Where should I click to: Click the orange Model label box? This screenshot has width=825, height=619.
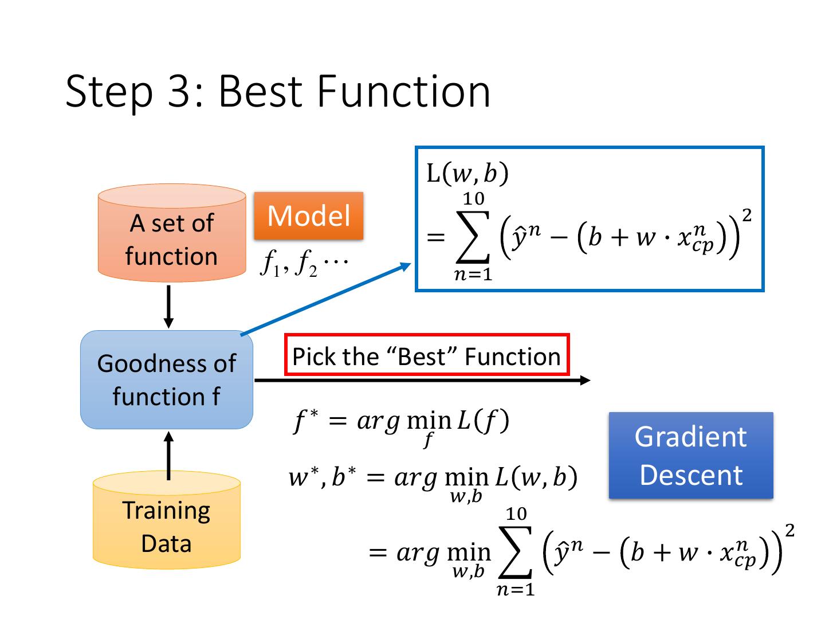(x=308, y=216)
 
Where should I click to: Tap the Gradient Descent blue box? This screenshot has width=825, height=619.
(x=690, y=455)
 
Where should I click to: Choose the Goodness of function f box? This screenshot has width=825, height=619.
(x=167, y=379)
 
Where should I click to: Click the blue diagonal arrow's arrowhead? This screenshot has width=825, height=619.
(x=406, y=266)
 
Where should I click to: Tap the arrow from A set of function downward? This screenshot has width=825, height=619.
(x=168, y=307)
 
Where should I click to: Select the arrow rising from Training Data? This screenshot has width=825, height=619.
(x=168, y=455)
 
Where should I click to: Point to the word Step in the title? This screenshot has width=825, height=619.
(x=109, y=92)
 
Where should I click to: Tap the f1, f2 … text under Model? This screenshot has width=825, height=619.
(x=303, y=264)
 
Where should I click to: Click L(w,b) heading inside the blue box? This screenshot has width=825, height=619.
(x=467, y=174)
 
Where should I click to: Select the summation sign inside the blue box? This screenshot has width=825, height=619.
(x=473, y=237)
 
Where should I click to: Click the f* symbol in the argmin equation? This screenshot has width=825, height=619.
(x=305, y=422)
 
